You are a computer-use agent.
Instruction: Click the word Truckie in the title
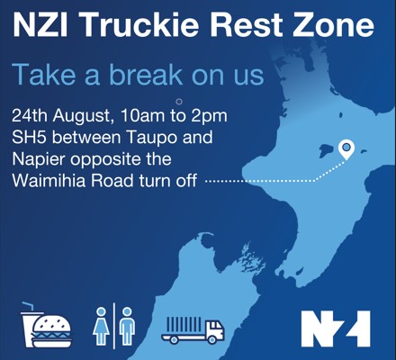pyautogui.click(x=139, y=23)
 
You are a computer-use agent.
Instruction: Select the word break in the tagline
pyautogui.click(x=146, y=74)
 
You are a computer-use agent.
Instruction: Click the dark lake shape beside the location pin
pyautogui.click(x=328, y=150)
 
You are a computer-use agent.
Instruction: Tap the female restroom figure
pyautogui.click(x=101, y=326)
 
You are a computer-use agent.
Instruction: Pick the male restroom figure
pyautogui.click(x=127, y=326)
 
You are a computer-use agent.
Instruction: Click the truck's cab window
pyautogui.click(x=215, y=326)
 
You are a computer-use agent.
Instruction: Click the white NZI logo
pyautogui.click(x=336, y=328)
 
